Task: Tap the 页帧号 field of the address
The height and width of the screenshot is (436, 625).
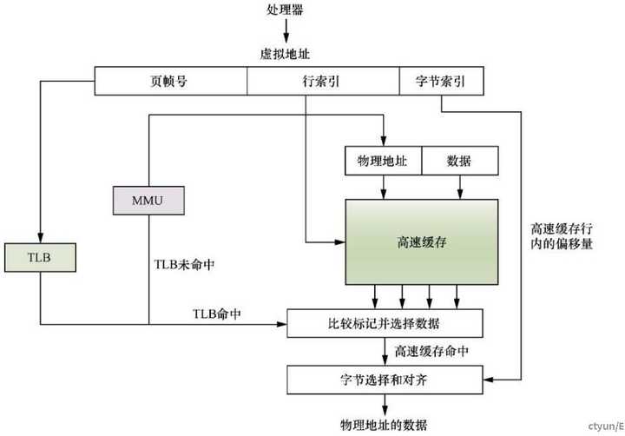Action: (x=170, y=82)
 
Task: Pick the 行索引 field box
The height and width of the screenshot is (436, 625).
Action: (x=323, y=82)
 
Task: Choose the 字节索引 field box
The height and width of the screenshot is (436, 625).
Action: (x=440, y=82)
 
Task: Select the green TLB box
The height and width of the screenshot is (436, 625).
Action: (x=40, y=257)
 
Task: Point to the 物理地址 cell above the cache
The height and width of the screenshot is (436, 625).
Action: (x=383, y=161)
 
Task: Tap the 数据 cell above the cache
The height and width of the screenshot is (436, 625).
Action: (x=459, y=161)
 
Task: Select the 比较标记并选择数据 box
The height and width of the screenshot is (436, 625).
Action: (x=385, y=323)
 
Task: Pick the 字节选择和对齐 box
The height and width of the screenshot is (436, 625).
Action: (x=385, y=379)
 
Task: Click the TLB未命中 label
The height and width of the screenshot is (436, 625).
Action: (x=185, y=263)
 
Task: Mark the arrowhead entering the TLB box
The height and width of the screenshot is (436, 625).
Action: (x=40, y=239)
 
